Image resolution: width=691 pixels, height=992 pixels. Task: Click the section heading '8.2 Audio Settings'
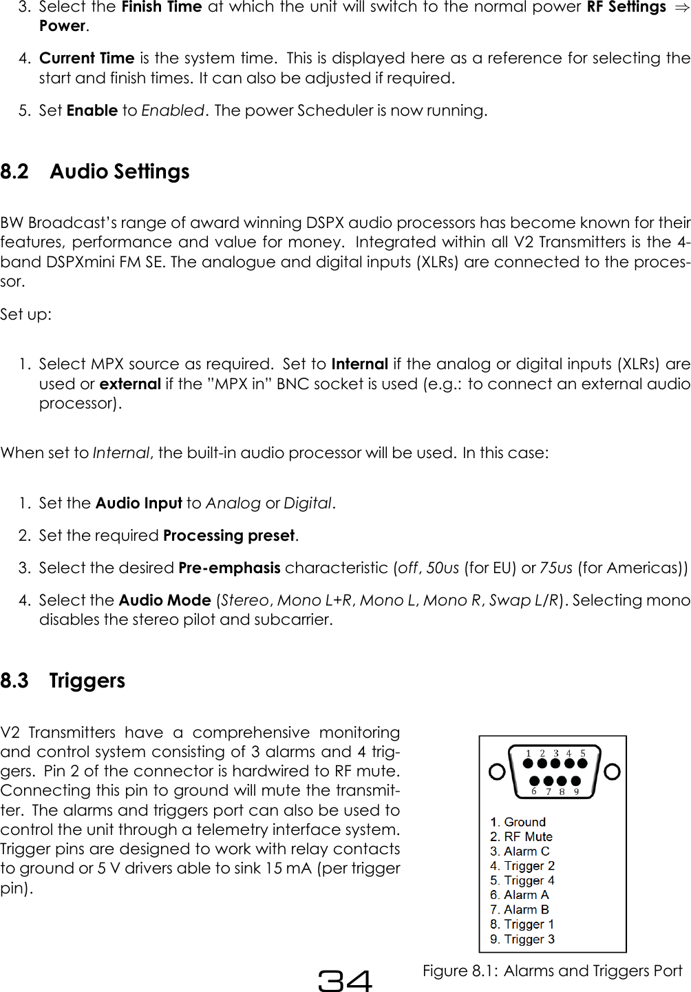tap(95, 172)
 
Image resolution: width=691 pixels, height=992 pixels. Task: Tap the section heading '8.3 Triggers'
tap(63, 681)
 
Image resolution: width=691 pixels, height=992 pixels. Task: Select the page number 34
tap(345, 980)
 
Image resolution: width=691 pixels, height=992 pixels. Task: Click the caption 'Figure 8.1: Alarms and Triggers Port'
tap(552, 971)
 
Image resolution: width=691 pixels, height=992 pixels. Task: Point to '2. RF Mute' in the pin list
tap(521, 836)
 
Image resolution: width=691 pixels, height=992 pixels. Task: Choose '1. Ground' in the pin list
tap(518, 822)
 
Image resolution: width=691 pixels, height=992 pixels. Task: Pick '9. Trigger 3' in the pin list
tap(522, 939)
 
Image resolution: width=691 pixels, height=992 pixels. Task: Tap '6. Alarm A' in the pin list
tap(519, 895)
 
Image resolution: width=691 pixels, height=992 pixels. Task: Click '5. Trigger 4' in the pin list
tap(522, 880)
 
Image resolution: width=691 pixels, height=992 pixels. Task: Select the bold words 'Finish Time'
tap(161, 8)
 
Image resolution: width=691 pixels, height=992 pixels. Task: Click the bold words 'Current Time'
tap(87, 58)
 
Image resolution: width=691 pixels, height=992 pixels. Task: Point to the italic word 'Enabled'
tap(173, 110)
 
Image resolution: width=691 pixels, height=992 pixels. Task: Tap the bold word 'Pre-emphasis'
tap(229, 568)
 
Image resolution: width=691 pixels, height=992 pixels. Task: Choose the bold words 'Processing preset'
tap(229, 535)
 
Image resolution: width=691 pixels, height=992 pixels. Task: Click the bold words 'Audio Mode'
tap(164, 600)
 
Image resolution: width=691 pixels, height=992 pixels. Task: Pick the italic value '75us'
tap(556, 568)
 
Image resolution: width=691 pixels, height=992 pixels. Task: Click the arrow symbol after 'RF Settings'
tap(681, 8)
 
